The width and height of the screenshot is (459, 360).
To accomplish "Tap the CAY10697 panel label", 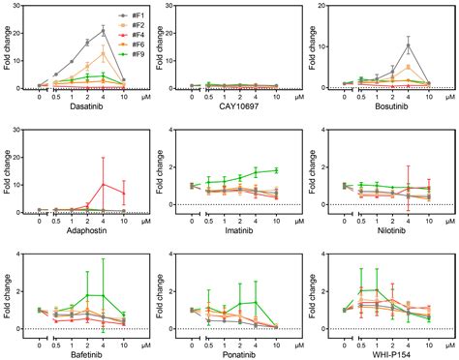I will point(232,110).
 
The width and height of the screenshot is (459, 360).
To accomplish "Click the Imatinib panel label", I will point(232,230).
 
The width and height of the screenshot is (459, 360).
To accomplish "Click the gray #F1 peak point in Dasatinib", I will point(104,31).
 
